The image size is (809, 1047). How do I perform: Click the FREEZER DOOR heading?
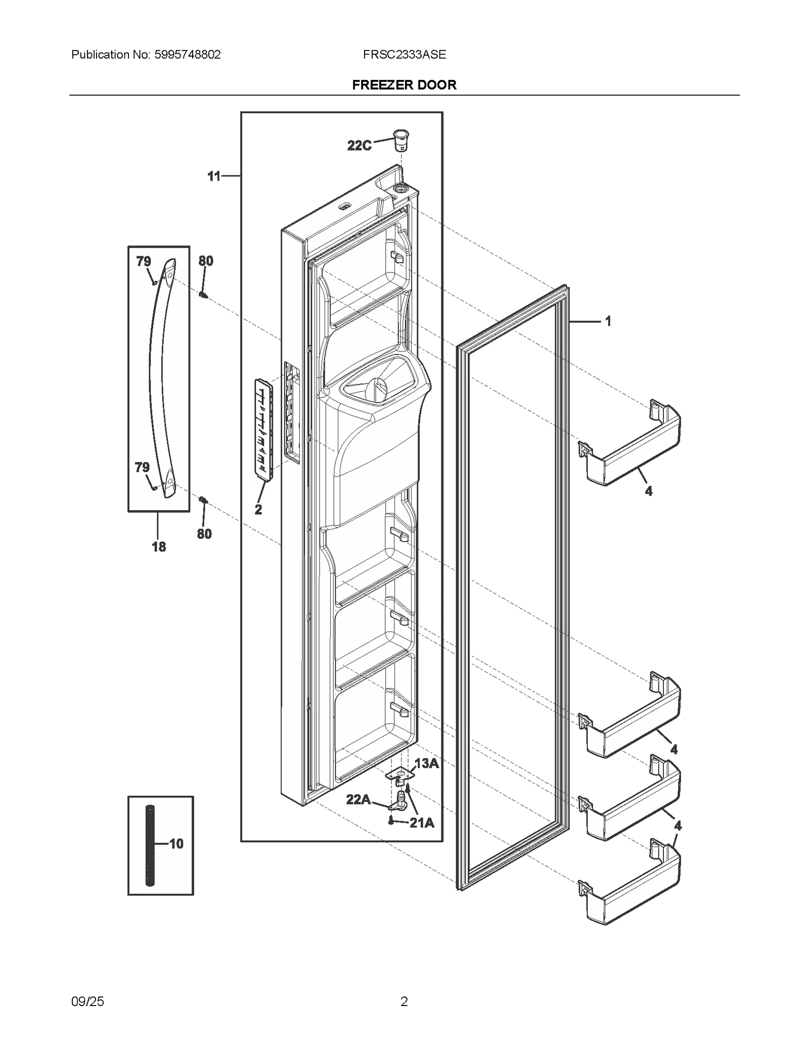[404, 85]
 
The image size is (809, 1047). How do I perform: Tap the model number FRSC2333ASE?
[404, 55]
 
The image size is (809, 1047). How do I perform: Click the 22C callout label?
[359, 146]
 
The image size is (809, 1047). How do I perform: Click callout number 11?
[214, 176]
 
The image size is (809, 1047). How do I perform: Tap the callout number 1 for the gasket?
[608, 321]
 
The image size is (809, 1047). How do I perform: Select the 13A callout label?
[426, 763]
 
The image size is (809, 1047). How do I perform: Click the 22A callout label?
[358, 799]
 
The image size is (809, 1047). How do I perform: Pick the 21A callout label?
[422, 823]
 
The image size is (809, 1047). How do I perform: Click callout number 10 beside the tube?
[176, 844]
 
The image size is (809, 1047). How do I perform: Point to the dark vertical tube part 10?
[150, 844]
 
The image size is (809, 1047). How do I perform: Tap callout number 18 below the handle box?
[159, 547]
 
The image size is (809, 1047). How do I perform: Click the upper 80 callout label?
[206, 261]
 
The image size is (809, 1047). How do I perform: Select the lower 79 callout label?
[143, 468]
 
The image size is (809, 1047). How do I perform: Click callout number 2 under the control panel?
[258, 510]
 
